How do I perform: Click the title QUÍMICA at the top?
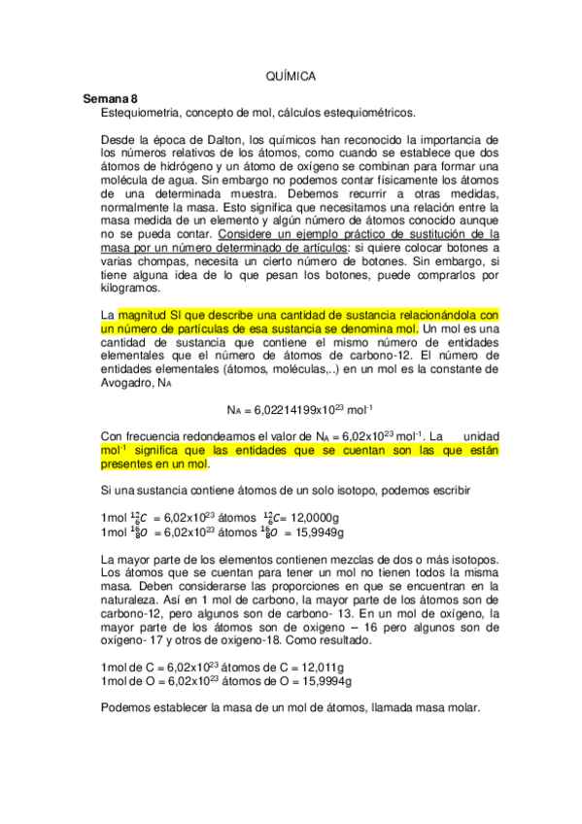291,75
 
